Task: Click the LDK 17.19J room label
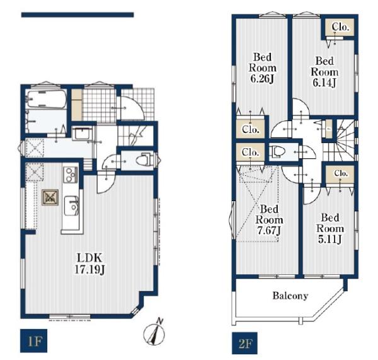coord(89,264)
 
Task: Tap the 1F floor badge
coord(33,340)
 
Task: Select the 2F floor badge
coord(244,344)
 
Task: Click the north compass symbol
coord(154,332)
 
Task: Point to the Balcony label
coord(290,296)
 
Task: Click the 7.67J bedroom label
coord(269,219)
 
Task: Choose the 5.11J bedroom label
coord(329,228)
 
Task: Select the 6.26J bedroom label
coord(263,68)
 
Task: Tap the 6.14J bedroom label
coord(324,72)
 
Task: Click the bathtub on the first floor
coord(47,99)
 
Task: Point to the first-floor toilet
coord(145,160)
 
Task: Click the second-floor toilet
coord(278,152)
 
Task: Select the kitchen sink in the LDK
coord(71,206)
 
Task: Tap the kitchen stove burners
coord(71,175)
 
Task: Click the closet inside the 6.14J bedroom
coord(340,27)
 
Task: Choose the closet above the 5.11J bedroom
coord(340,174)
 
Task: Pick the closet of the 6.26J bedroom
coord(250,129)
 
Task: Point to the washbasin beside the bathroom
coord(82,133)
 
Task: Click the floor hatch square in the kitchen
coord(50,197)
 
